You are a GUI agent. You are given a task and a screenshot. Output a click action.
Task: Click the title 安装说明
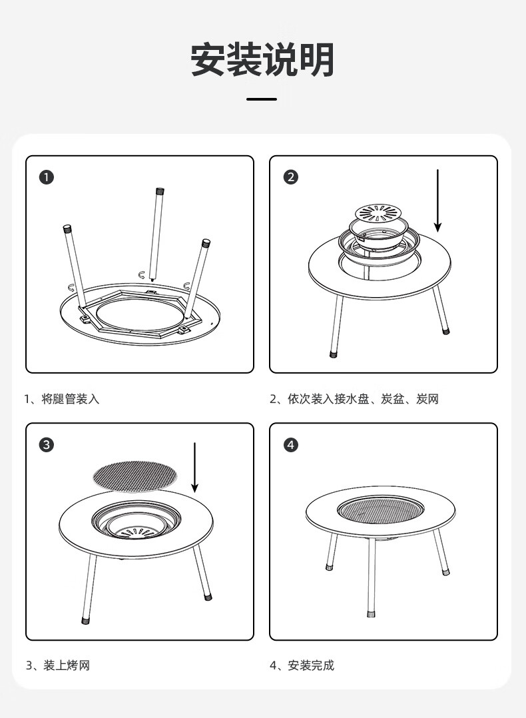(x=262, y=59)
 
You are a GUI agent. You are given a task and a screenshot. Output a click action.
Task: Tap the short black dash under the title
(x=262, y=99)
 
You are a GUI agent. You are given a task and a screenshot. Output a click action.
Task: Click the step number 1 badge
(x=46, y=177)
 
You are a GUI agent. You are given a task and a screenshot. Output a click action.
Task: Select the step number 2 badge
(x=291, y=177)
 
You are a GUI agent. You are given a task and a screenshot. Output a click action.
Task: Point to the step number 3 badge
(x=46, y=445)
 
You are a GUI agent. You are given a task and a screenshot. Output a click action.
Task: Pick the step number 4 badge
(x=291, y=445)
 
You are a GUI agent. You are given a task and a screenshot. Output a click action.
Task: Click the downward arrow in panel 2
(x=437, y=200)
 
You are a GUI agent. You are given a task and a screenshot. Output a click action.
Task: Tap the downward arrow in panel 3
(x=194, y=468)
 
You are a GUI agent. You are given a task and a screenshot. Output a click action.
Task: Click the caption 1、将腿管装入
(x=62, y=399)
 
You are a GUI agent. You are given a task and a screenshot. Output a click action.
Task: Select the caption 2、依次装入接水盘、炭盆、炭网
(x=354, y=399)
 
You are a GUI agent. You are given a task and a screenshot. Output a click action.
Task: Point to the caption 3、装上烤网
(x=58, y=665)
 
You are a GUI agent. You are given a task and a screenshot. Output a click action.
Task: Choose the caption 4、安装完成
(x=302, y=665)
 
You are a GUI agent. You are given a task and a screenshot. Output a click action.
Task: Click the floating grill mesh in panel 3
(x=135, y=477)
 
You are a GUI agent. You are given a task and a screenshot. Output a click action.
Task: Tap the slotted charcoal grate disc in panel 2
(x=378, y=213)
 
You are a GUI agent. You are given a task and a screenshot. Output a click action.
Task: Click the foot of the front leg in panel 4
(x=372, y=613)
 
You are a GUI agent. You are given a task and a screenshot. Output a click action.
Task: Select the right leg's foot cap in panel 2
(x=446, y=330)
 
